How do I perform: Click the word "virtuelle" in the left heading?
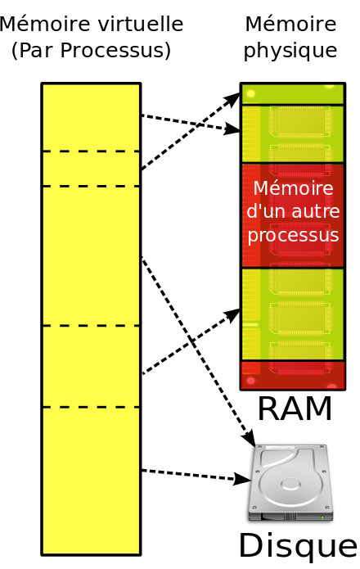point(141,25)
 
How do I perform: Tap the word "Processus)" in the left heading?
point(115,50)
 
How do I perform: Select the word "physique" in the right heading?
point(290,51)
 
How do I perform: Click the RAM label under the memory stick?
point(295,409)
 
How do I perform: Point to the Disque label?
point(298,546)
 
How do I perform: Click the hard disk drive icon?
point(290,483)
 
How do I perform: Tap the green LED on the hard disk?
point(322,517)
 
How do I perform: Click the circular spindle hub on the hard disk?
point(290,485)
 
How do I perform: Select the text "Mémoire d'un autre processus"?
point(293,211)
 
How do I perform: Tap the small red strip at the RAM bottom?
point(293,376)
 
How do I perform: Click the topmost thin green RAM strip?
point(293,94)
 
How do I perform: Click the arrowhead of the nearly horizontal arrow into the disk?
point(242,480)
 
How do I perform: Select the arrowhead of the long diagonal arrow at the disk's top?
point(251,438)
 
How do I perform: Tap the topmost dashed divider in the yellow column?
point(91,151)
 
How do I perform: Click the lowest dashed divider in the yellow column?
point(91,407)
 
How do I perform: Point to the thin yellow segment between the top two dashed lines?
point(91,169)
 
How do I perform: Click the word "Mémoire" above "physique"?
point(290,25)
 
